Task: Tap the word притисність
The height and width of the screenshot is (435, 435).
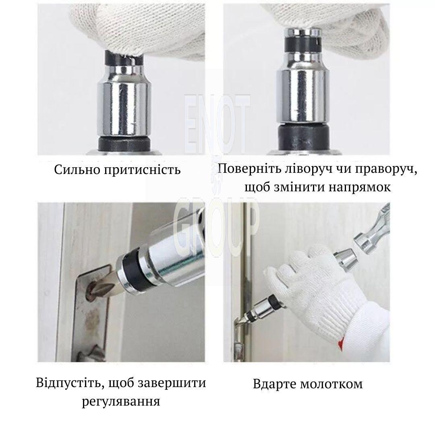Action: [143, 170]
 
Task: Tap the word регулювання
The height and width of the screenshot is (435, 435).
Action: [121, 402]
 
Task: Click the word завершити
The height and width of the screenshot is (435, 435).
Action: [172, 383]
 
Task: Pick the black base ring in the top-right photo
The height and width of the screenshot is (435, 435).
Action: [304, 138]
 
